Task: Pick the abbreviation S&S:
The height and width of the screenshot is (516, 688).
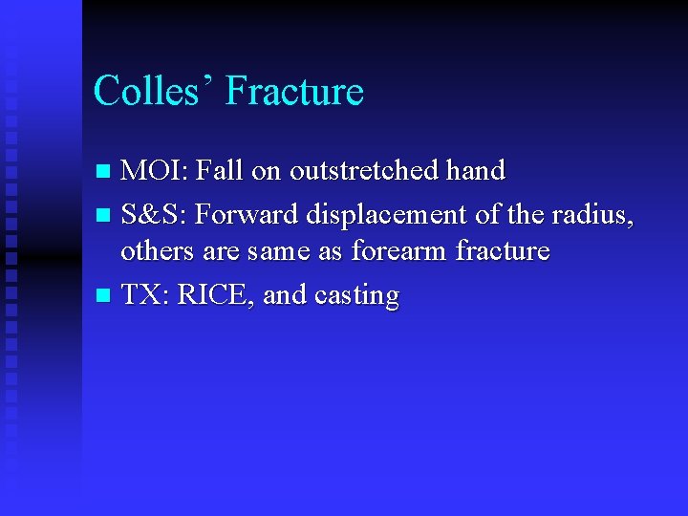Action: click(155, 215)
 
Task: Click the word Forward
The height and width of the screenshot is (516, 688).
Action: click(245, 215)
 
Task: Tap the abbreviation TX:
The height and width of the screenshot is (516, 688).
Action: click(146, 295)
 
